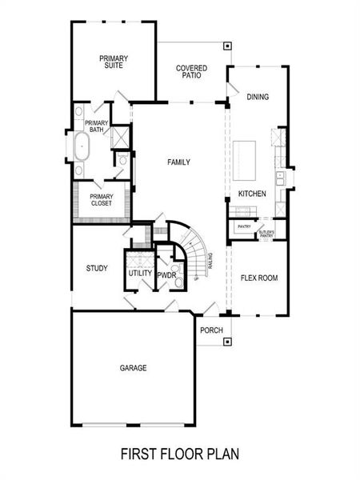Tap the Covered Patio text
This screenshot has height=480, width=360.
pos(192,73)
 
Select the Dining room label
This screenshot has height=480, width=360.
pos(258,98)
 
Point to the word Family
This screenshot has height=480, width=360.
pos(178,162)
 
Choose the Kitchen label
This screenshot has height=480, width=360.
pos(251,194)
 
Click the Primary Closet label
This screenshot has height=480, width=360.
pos(102,200)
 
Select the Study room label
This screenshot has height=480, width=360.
pos(97,268)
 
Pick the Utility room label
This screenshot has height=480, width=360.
pos(140,274)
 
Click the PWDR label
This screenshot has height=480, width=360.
pos(166,275)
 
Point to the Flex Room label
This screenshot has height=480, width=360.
pos(259,278)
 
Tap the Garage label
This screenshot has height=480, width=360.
pos(133,368)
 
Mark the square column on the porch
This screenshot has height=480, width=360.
pos(228,342)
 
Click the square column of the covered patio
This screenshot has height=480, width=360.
pos(227,46)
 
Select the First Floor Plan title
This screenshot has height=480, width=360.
pos(180,454)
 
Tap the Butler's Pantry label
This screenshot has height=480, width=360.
pos(266,234)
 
